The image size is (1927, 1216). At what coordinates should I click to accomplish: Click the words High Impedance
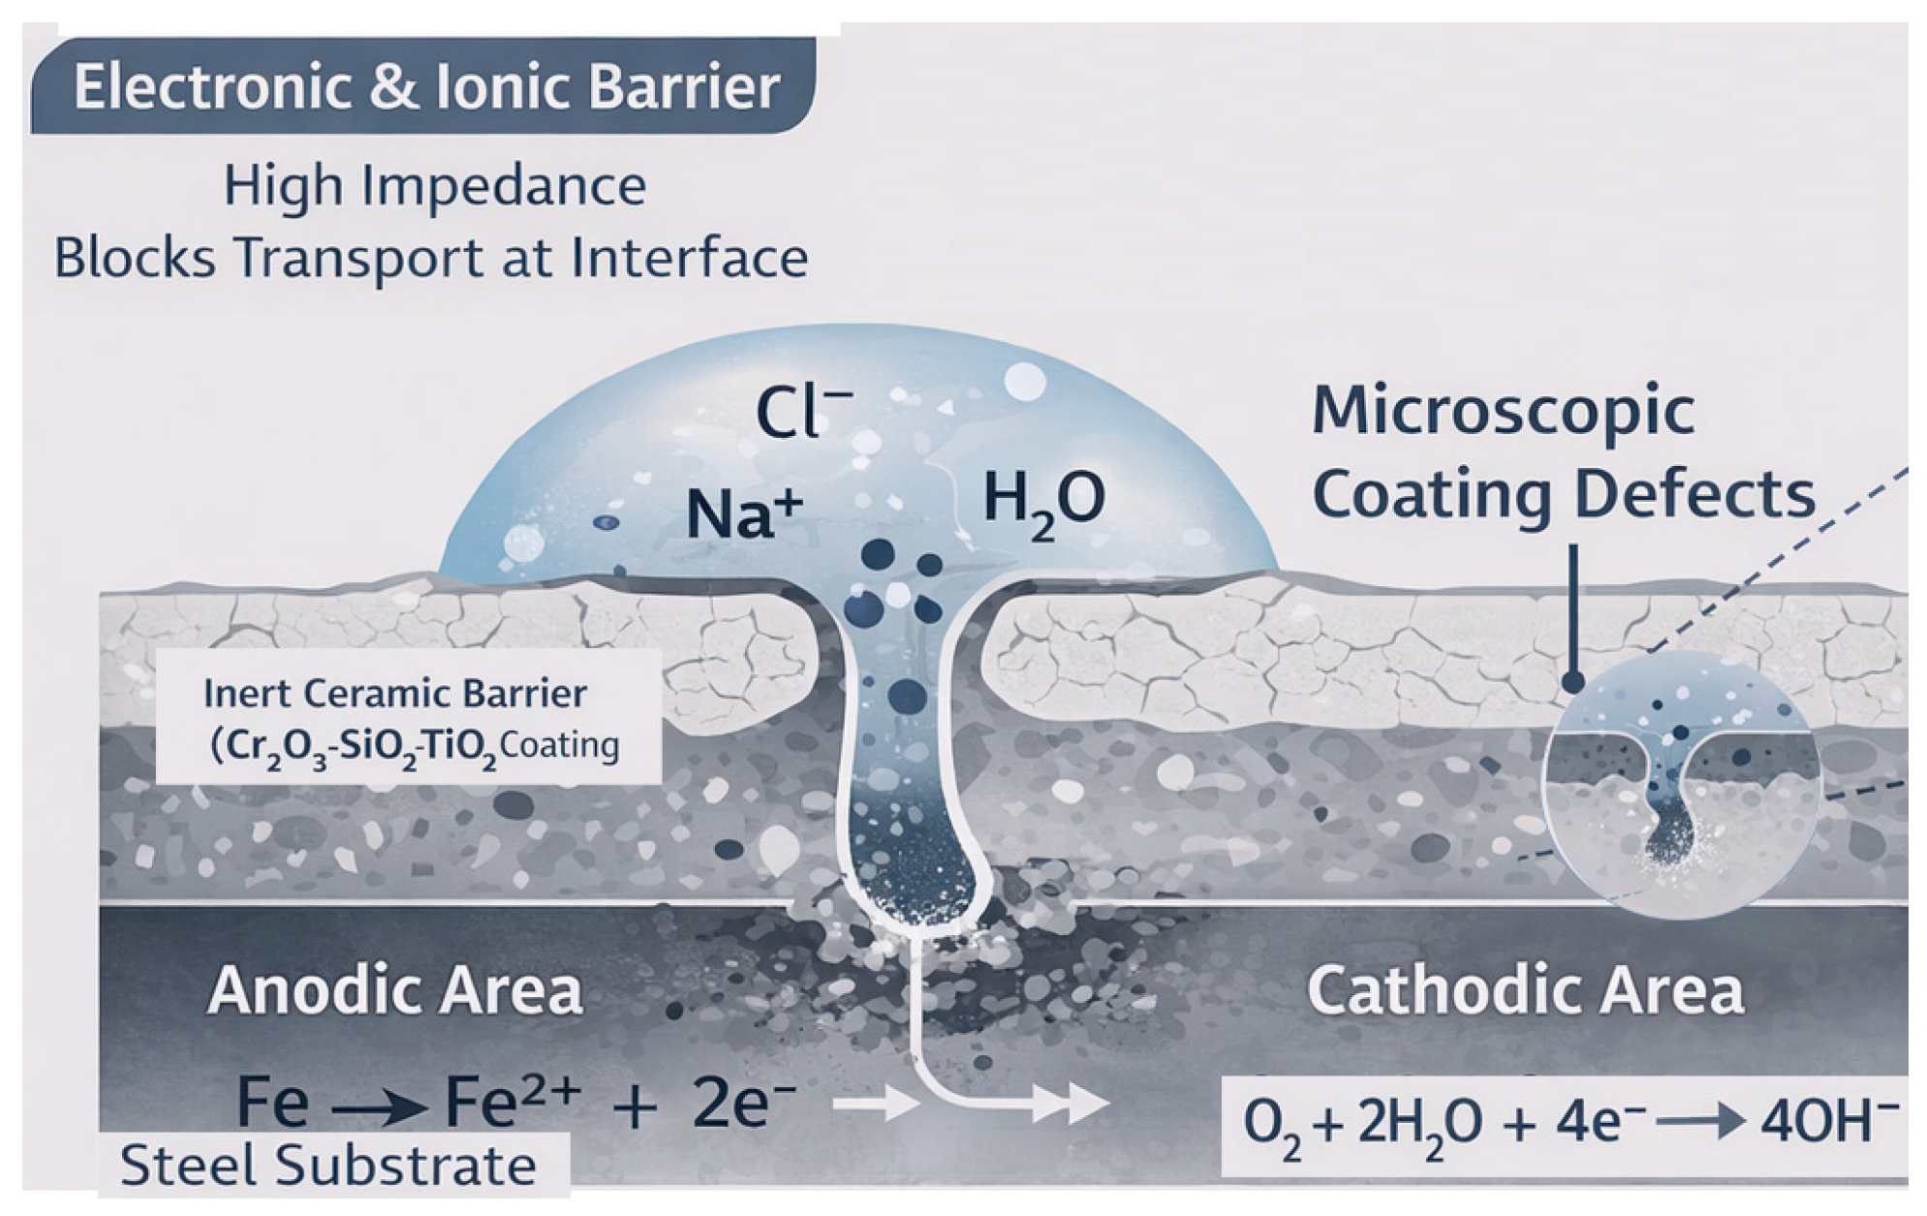(434, 186)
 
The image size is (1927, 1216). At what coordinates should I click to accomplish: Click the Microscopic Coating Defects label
(1562, 452)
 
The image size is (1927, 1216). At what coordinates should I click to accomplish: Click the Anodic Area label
(394, 990)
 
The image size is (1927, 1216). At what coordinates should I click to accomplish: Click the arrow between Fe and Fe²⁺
(377, 1106)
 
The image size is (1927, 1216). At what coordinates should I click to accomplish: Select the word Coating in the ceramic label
(559, 747)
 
